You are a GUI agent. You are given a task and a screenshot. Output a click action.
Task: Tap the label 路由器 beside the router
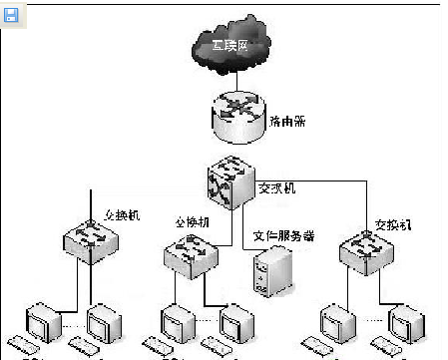pos(289,121)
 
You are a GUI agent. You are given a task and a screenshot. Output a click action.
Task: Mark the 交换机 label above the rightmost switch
pos(393,223)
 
